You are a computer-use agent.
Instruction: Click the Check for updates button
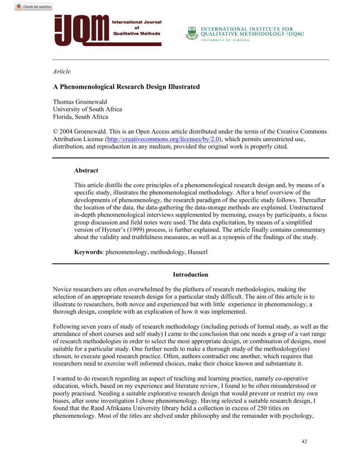point(33,7)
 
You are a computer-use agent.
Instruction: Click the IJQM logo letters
point(82,30)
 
